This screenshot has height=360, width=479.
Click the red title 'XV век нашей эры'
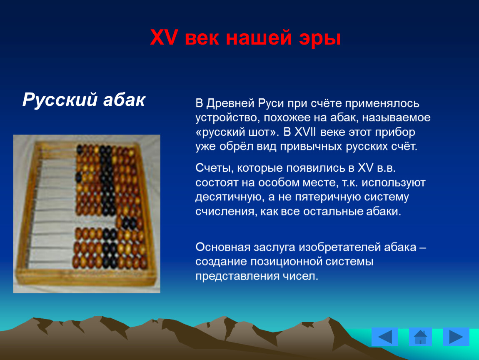(x=245, y=37)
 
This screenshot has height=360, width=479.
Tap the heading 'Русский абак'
(x=84, y=100)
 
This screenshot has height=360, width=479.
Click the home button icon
(x=420, y=337)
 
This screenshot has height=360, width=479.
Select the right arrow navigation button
(x=456, y=337)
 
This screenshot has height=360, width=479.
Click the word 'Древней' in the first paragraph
(x=230, y=103)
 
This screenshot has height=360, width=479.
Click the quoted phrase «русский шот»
(x=237, y=132)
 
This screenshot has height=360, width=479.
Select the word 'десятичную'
(x=230, y=197)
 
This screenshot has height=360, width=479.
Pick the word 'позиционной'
(x=288, y=262)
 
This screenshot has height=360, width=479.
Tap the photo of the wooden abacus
(x=87, y=214)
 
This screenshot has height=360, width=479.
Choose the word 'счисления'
(x=226, y=212)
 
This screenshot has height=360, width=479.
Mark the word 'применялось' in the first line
(x=382, y=103)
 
